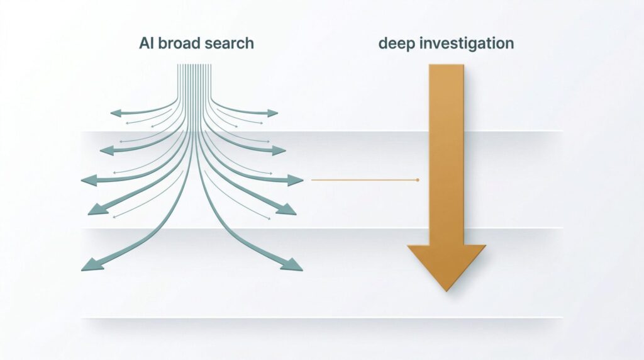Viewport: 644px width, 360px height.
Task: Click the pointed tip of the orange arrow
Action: pos(446,290)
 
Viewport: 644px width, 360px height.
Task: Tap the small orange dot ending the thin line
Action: pos(418,180)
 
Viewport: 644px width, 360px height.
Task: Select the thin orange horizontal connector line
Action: pos(365,180)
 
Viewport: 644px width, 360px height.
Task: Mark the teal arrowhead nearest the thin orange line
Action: pos(297,181)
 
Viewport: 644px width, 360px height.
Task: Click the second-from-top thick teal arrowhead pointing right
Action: pos(279,150)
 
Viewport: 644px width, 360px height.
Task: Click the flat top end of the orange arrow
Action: pos(446,65)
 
